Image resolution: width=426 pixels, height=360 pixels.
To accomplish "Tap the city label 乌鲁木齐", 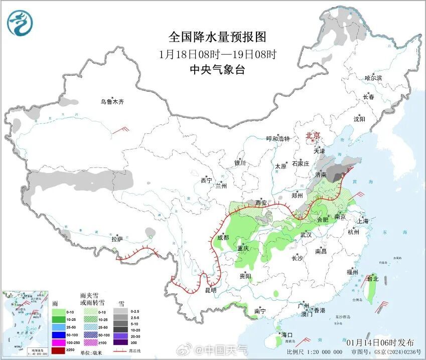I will [111, 102].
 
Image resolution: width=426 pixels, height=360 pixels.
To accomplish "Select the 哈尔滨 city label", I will [373, 78].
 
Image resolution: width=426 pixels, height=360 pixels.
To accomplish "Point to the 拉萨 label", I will [117, 239].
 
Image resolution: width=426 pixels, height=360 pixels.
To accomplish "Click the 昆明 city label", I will [211, 290].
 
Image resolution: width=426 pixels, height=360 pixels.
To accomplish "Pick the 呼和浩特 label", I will [278, 139].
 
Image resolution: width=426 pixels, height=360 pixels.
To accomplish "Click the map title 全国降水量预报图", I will [217, 37].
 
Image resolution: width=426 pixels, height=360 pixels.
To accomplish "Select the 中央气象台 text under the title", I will [217, 70].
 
